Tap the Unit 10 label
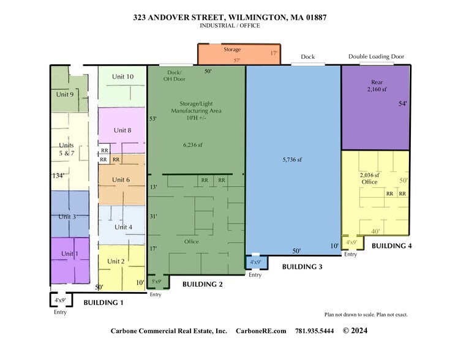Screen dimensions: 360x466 click(122, 77)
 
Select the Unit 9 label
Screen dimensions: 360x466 click(65, 94)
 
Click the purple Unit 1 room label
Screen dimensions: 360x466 click(69, 253)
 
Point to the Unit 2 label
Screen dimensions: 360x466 click(116, 261)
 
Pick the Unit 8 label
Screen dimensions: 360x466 click(122, 130)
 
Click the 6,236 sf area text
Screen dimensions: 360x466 click(193, 145)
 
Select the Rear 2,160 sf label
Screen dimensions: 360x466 click(377, 86)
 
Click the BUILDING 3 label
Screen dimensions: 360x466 click(302, 267)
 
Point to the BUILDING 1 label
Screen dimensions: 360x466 click(103, 302)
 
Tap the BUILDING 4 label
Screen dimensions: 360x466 click(392, 246)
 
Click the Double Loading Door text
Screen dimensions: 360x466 click(376, 56)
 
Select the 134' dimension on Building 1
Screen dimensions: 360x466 click(59, 175)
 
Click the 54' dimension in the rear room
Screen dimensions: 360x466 click(402, 104)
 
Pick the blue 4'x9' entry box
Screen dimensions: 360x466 click(255, 262)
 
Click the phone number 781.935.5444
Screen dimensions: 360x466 click(315, 331)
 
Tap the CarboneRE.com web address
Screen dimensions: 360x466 click(261, 331)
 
